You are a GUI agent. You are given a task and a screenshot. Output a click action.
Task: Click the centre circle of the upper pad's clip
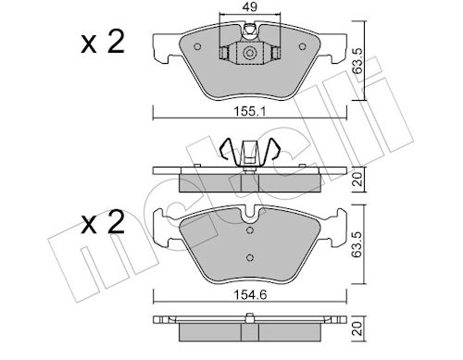(249, 56)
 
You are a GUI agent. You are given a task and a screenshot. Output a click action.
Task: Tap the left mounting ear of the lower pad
(163, 228)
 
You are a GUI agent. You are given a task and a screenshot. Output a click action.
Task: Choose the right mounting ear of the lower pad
(334, 228)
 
